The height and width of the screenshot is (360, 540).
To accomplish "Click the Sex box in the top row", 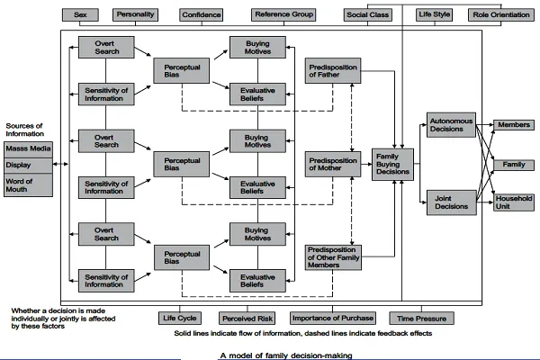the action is click(80, 14).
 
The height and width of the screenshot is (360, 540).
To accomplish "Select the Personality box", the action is click(135, 14).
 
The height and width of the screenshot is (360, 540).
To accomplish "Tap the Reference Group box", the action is click(283, 14).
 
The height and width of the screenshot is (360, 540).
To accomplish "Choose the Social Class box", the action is click(368, 14).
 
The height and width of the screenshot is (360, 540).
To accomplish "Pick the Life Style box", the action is click(435, 14).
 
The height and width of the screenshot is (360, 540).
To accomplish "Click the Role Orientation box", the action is click(501, 14).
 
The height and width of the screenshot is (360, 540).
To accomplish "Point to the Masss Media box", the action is click(28, 149).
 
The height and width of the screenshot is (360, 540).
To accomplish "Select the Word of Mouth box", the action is click(28, 185).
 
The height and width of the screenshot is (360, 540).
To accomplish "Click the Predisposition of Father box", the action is click(333, 70).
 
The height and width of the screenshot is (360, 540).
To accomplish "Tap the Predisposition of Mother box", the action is click(333, 165).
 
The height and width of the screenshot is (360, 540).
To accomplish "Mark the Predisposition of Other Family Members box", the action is click(333, 257).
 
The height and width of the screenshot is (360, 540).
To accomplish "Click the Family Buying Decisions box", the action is click(392, 165).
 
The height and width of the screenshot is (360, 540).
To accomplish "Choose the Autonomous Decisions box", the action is click(451, 125).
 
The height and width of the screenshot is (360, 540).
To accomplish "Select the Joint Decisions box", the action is click(452, 202).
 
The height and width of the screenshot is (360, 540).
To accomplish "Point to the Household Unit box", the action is click(514, 202).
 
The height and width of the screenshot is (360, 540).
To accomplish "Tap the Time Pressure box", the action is click(421, 319).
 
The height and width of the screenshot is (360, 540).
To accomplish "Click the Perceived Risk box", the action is click(247, 319).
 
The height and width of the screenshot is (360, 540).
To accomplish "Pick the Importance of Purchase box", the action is click(333, 318).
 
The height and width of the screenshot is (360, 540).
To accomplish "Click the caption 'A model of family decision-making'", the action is click(286, 355).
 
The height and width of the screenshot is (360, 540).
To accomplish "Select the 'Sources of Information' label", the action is click(25, 130).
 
